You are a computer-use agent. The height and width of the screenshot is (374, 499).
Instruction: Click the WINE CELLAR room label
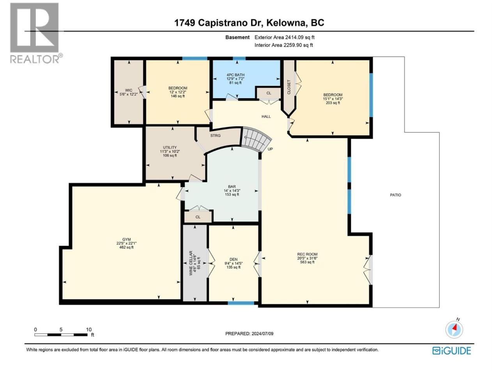[x=191, y=263]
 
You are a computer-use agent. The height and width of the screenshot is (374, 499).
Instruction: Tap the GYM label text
[x=126, y=239]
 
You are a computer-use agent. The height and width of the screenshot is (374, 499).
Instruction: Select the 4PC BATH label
[x=235, y=75]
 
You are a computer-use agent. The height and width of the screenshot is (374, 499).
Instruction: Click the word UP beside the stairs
[x=270, y=149]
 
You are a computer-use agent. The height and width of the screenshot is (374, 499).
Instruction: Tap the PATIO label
[x=395, y=195]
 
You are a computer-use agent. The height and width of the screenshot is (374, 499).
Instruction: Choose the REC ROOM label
[x=307, y=254]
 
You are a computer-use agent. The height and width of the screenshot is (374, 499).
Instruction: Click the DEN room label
[x=234, y=259]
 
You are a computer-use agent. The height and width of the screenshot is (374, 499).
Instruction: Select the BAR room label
[x=232, y=187]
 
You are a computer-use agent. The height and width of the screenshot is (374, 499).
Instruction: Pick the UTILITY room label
[x=170, y=147]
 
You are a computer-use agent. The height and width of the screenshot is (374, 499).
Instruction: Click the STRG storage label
[x=215, y=136]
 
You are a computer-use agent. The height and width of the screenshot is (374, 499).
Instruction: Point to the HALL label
[x=266, y=116]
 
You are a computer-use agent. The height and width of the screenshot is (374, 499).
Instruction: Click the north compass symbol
[x=454, y=329]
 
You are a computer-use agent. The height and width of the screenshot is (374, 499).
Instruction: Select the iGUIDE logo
[x=451, y=351]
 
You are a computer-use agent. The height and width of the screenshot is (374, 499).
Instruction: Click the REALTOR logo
[x=36, y=33]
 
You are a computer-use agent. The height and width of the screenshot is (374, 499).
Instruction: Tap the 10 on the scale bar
[x=88, y=330]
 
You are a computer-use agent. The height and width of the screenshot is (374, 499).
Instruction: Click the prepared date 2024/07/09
[x=262, y=333]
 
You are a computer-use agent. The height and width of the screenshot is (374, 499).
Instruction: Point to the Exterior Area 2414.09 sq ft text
[x=285, y=37]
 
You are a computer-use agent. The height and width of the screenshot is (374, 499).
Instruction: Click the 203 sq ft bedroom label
[x=333, y=103]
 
